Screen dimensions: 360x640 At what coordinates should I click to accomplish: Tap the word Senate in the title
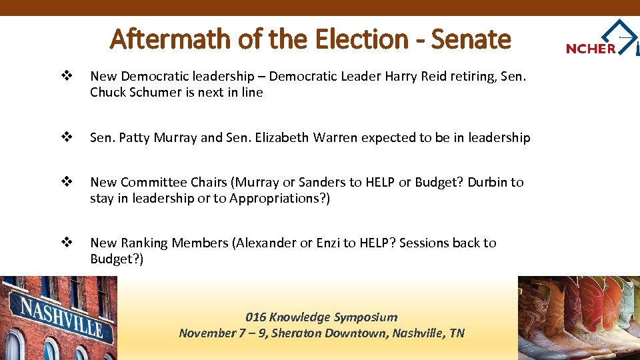tap(471, 40)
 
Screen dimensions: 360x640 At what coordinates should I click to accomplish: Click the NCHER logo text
tap(591, 48)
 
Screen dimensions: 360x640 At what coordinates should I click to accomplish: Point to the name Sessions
tap(424, 243)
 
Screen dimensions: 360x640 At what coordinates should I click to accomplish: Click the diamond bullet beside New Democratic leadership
tap(66, 77)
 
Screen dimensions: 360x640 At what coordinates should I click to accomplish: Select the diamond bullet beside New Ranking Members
tap(66, 243)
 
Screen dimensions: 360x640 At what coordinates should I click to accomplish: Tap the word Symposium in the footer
tap(365, 317)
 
